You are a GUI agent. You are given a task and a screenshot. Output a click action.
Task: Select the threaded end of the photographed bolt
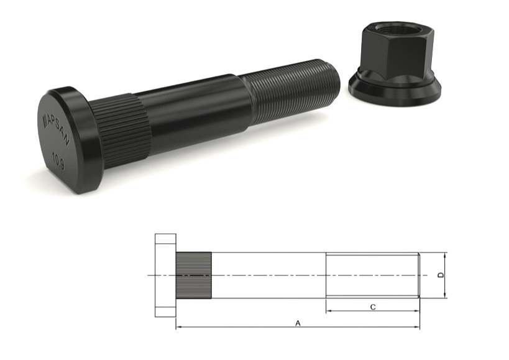click(292, 93)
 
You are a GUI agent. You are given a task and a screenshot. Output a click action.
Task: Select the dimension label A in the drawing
click(298, 323)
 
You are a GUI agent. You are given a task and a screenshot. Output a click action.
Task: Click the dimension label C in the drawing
click(372, 306)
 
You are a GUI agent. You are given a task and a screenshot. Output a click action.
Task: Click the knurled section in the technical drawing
click(193, 275)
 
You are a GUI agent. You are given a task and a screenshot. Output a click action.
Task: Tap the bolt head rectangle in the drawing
click(165, 275)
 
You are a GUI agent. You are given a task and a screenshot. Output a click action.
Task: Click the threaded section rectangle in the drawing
click(372, 275)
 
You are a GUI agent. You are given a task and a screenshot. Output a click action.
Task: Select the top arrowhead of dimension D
click(446, 255)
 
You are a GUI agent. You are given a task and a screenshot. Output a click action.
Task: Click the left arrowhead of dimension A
click(179, 327)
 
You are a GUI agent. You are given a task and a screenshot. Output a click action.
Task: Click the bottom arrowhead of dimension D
click(446, 295)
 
